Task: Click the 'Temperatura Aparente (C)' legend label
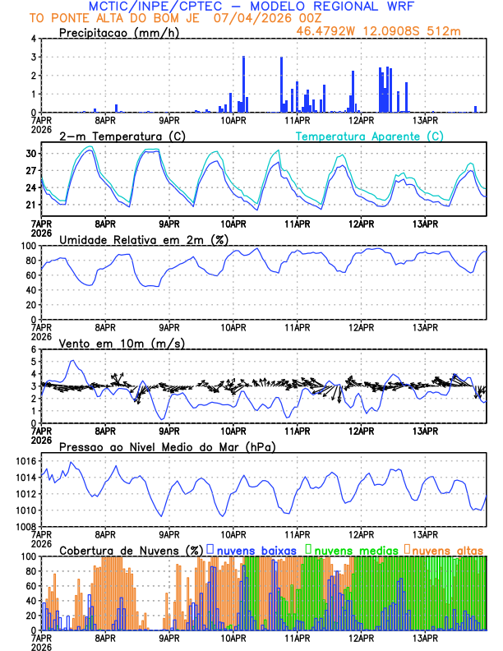(x=369, y=136)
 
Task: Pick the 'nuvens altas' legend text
(x=447, y=549)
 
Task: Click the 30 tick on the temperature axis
(x=30, y=154)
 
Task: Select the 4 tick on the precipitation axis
(x=33, y=39)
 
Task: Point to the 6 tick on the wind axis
(x=33, y=349)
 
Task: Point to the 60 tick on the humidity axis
(x=30, y=275)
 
